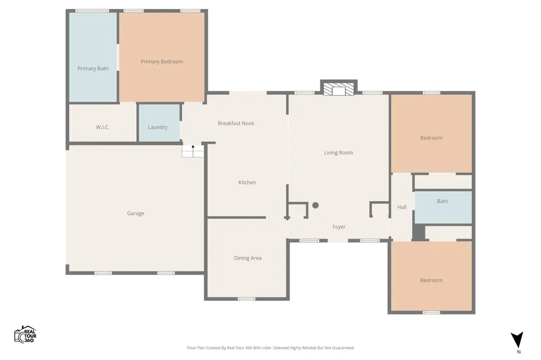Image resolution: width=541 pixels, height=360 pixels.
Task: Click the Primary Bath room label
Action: click(93, 68)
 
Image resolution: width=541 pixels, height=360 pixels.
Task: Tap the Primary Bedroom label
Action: click(162, 62)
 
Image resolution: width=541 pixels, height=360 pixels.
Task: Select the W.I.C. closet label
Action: click(103, 127)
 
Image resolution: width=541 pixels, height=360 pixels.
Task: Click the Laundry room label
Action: click(157, 127)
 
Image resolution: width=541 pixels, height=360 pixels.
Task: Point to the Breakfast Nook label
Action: click(236, 123)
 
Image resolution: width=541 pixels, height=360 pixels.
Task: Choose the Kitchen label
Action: click(247, 183)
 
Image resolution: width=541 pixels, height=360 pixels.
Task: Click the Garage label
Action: click(136, 213)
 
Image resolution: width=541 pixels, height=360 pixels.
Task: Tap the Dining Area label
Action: click(248, 258)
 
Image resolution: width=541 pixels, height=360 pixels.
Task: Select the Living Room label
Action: click(339, 153)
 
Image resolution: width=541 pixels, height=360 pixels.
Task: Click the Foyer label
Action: click(339, 227)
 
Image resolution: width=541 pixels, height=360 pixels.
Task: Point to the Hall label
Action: click(402, 207)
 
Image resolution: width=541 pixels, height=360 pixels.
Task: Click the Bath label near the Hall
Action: click(442, 201)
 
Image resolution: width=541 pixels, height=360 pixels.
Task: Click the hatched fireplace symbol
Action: click(339, 89)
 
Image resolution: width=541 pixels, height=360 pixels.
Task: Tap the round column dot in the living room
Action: click(315, 205)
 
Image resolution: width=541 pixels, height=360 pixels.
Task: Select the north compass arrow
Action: click(517, 339)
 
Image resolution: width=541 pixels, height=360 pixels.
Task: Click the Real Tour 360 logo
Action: click(25, 335)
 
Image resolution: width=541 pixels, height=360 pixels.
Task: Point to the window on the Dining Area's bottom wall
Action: click(246, 299)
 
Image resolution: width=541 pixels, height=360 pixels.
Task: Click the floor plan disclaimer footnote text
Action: click(270, 347)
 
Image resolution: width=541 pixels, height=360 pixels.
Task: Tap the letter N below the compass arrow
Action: click(519, 352)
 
